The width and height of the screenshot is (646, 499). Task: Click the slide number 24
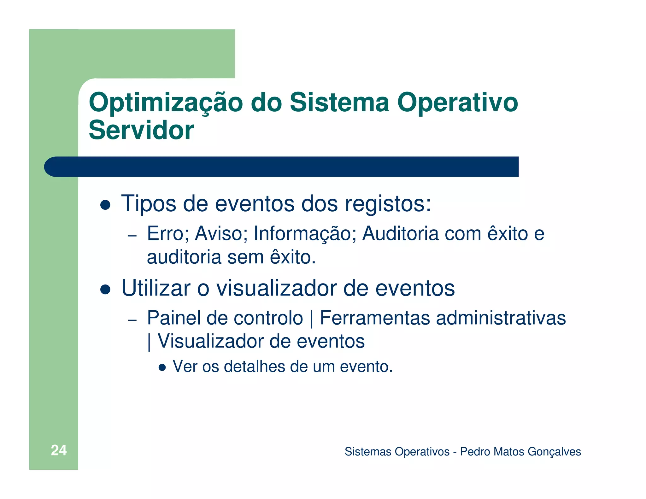[x=59, y=450]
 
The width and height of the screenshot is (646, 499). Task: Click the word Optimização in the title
[x=166, y=103]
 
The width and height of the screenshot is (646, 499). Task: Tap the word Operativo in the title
[x=457, y=103]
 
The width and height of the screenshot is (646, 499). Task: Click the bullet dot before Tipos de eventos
[x=105, y=205]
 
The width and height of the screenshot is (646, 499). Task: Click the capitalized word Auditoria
[x=400, y=234]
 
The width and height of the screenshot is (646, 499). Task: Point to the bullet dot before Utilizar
[x=105, y=289]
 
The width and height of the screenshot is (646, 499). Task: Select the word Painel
[x=174, y=318]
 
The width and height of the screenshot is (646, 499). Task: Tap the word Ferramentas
[x=375, y=318]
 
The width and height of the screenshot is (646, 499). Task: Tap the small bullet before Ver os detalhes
[x=162, y=367]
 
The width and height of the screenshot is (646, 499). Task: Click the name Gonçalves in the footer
[x=554, y=452]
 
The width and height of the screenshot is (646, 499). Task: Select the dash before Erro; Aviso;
[x=132, y=236]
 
